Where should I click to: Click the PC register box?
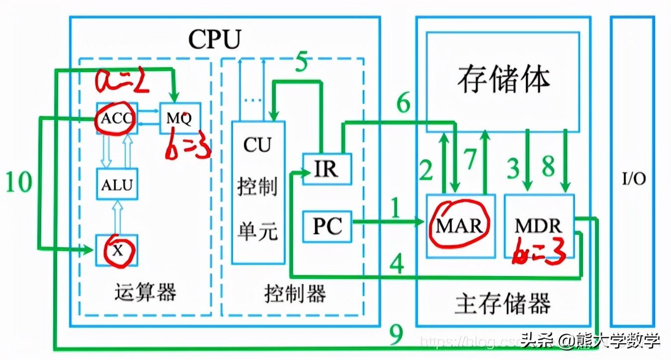click(328, 226)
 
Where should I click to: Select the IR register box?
click(327, 169)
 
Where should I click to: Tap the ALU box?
click(117, 184)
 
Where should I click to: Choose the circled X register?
click(117, 250)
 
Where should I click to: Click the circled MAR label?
click(459, 226)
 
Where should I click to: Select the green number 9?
click(396, 337)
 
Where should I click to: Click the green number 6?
click(404, 104)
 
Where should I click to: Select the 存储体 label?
click(503, 79)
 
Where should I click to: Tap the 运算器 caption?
click(145, 293)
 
